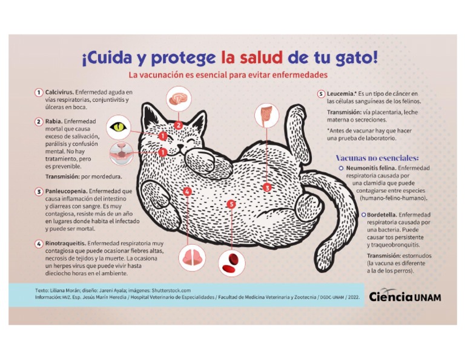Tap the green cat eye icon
(119, 127)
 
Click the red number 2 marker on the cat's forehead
(178, 125)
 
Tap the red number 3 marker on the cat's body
(267, 188)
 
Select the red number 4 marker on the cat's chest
(187, 192)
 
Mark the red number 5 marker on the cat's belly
(231, 204)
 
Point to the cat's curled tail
(339, 218)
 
